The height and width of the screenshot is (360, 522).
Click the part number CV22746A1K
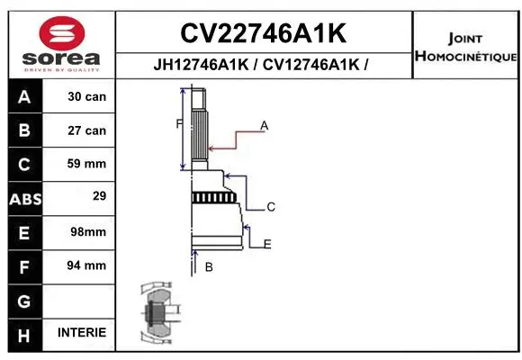pyautogui.click(x=263, y=34)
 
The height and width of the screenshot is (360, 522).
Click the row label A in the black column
pyautogui.click(x=23, y=96)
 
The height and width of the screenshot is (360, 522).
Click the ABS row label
pyautogui.click(x=23, y=198)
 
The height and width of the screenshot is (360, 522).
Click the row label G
pyautogui.click(x=23, y=300)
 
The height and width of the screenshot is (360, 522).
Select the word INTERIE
pyautogui.click(x=82, y=333)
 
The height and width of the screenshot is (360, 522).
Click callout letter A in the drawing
pyautogui.click(x=265, y=126)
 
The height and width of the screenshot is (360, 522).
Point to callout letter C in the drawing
pyautogui.click(x=270, y=207)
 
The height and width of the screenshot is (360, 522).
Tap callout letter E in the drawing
pyautogui.click(x=267, y=244)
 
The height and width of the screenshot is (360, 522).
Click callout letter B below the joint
pyautogui.click(x=209, y=267)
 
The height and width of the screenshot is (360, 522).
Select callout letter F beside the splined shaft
pyautogui.click(x=179, y=123)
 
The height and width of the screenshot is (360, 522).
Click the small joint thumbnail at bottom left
pyautogui.click(x=157, y=314)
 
